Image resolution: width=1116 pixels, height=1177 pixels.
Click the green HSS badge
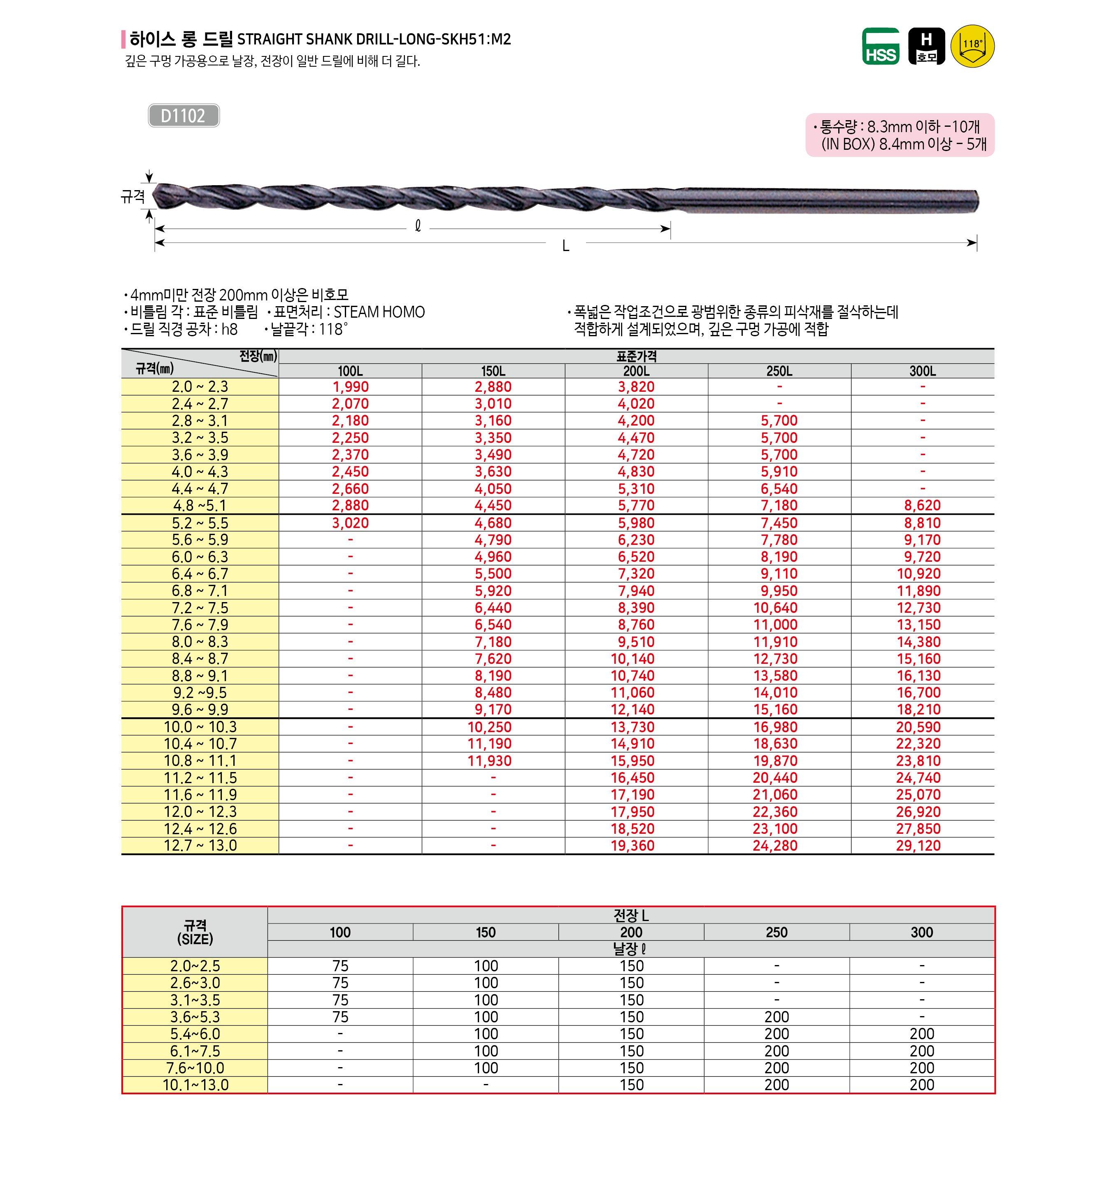[x=881, y=47]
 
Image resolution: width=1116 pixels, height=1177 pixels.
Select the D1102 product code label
[x=183, y=116]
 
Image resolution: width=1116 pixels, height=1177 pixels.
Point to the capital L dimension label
[x=566, y=246]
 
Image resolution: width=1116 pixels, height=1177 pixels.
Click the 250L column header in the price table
[x=779, y=371]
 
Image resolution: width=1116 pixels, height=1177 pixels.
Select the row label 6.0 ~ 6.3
[x=200, y=557]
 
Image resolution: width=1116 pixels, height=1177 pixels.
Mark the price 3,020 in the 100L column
[x=350, y=523]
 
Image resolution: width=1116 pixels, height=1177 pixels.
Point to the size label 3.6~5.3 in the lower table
[x=195, y=1017]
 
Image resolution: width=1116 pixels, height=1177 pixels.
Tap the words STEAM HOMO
[x=379, y=312]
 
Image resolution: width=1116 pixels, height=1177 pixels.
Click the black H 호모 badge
[x=926, y=47]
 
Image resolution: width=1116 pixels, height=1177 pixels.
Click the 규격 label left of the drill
[x=133, y=196]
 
